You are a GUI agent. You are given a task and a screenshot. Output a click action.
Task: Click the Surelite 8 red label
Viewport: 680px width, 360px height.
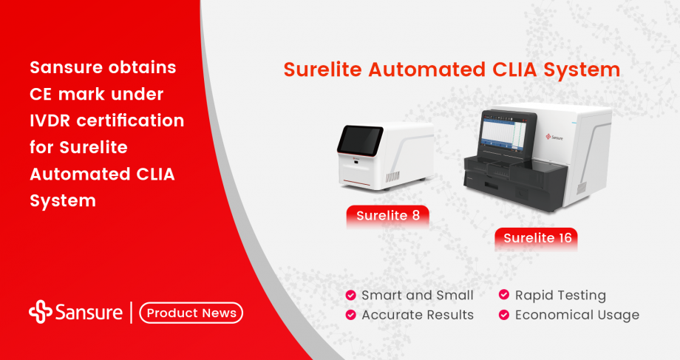(387, 216)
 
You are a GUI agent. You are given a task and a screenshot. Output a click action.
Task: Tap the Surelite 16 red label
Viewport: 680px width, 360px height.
(536, 238)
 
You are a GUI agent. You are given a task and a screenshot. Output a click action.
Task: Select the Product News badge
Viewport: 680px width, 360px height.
(191, 313)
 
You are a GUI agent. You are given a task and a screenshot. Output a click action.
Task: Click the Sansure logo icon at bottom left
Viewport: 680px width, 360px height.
(40, 312)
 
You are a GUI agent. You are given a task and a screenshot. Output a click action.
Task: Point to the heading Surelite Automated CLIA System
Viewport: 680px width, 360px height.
(452, 70)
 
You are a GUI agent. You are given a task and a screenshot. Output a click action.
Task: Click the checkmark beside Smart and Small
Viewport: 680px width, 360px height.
(350, 296)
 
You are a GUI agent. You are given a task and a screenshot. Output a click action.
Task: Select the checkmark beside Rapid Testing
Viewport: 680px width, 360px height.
(504, 296)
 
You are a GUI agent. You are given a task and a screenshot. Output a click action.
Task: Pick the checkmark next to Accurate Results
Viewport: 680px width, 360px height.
(350, 315)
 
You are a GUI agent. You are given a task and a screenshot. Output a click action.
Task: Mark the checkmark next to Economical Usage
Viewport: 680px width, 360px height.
(504, 315)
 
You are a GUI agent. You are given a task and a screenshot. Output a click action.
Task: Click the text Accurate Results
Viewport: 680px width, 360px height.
(418, 315)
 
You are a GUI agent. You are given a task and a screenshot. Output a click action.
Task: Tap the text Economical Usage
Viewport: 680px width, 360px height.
(577, 315)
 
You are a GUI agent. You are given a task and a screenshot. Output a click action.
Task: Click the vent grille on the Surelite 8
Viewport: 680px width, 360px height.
(392, 177)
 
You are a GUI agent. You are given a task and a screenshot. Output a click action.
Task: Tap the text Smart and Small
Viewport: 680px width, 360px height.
(418, 296)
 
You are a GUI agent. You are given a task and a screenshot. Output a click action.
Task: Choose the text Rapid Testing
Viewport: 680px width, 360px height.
(560, 296)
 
